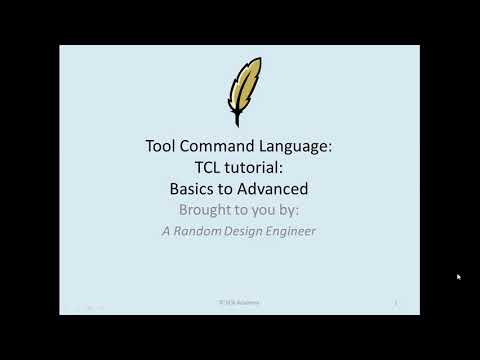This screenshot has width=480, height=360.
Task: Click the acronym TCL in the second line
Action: click(204, 166)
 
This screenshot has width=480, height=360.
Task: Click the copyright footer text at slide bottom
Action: click(240, 300)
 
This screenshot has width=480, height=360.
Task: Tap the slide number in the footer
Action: click(396, 300)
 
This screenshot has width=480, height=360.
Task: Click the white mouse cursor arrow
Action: click(458, 277)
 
